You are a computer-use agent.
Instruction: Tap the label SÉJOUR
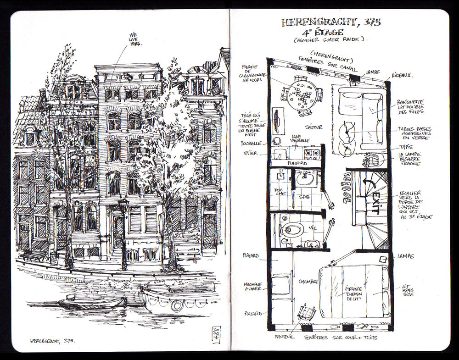(x=314, y=127)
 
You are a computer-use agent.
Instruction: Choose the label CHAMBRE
(x=308, y=281)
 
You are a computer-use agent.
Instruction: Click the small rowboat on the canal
(x=92, y=303)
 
